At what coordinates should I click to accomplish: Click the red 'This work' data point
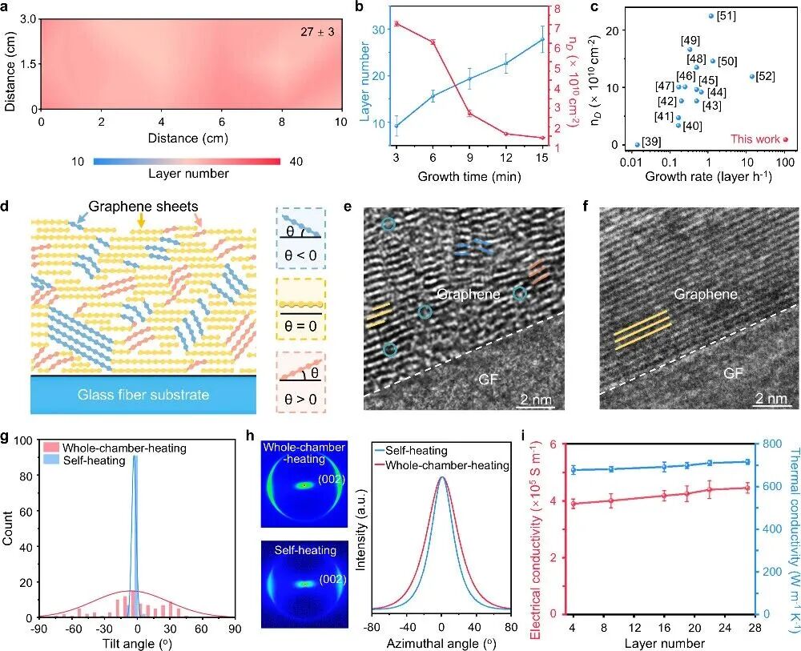(x=785, y=139)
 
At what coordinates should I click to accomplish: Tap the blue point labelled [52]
(x=751, y=77)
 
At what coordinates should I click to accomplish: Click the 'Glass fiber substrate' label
(x=144, y=394)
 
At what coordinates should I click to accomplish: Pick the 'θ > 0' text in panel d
(x=296, y=397)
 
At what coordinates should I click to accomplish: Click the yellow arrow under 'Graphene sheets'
(x=142, y=195)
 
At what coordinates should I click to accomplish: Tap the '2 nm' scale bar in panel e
(x=532, y=398)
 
